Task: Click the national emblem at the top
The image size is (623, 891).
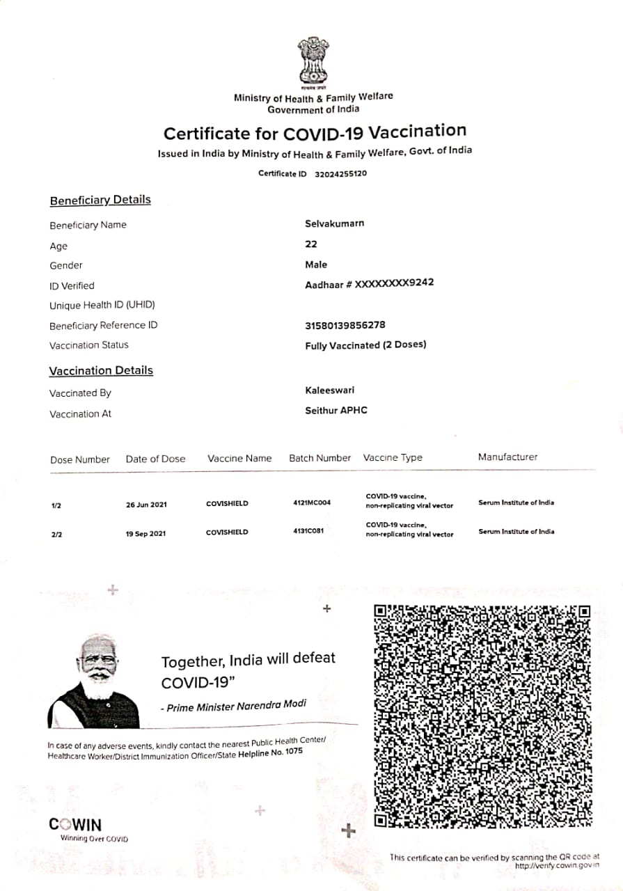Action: tap(313, 61)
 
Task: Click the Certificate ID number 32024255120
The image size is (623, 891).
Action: tap(340, 173)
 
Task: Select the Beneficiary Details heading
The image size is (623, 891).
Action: tap(100, 200)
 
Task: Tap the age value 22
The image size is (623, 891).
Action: tap(311, 244)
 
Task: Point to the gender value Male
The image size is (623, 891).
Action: tap(316, 265)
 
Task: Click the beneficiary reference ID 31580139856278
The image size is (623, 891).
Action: tap(345, 325)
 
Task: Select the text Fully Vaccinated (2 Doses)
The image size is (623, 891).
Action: tap(365, 345)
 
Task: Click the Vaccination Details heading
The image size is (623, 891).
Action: tap(101, 370)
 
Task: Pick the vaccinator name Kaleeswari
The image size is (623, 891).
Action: tap(329, 390)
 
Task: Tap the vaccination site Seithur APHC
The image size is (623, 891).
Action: tap(336, 410)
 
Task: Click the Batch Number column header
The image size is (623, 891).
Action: tap(320, 458)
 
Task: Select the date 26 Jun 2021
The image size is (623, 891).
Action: tap(146, 505)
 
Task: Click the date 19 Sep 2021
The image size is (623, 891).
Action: tap(146, 534)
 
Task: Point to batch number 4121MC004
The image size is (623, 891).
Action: tap(312, 502)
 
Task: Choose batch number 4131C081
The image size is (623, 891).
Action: tap(308, 530)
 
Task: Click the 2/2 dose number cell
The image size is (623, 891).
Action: tap(56, 535)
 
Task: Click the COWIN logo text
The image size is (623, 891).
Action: tap(75, 825)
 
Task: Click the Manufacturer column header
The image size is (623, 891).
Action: tap(507, 457)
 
